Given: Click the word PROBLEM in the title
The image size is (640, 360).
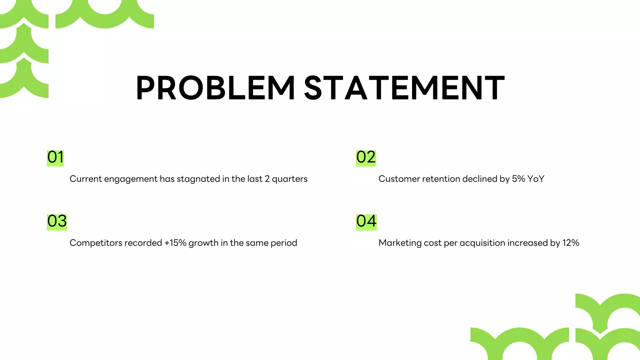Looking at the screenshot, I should [x=215, y=88].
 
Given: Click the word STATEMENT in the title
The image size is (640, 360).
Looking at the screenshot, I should [x=404, y=88].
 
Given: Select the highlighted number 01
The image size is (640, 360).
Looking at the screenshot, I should [x=55, y=157].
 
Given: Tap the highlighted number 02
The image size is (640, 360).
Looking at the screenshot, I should [x=365, y=157].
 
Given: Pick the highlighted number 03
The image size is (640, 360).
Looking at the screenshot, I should [x=57, y=221].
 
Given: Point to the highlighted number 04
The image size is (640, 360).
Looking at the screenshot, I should [x=366, y=221].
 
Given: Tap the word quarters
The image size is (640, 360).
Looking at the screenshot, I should [x=289, y=179].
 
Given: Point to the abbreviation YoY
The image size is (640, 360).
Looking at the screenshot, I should [x=535, y=179].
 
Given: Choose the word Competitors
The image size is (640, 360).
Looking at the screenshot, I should [x=93, y=243].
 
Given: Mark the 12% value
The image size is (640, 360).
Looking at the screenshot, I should [x=570, y=243].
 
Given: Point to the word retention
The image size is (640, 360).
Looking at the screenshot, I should [x=438, y=179].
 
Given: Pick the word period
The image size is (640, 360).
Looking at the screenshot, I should [x=284, y=243].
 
